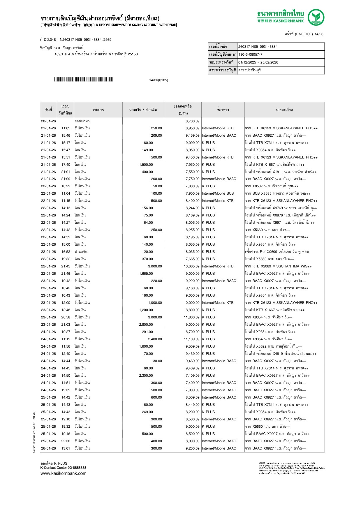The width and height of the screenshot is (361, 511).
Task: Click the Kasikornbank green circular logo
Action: coord(316,17)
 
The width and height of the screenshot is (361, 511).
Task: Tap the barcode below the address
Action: coord(83,80)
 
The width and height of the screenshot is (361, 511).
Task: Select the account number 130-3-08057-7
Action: coord(250,54)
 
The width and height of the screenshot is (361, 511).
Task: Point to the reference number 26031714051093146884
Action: coord(258,47)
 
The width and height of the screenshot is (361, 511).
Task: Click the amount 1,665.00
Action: coord(146,274)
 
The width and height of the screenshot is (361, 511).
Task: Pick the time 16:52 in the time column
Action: coord(66,252)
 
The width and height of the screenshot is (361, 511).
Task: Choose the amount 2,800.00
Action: coord(146,325)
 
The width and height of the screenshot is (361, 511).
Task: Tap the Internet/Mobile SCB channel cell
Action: coord(218,193)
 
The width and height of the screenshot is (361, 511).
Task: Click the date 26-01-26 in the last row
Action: coord(48,448)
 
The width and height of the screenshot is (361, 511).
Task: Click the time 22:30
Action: coord(66,441)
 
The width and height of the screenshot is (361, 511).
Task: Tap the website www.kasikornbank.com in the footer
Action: coord(64,473)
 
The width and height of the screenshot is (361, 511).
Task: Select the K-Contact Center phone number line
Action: coord(63,468)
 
